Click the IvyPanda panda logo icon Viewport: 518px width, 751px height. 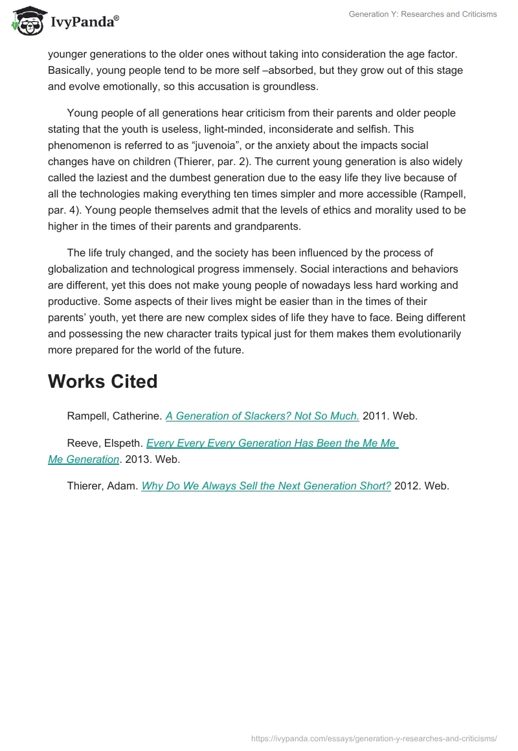[25, 20]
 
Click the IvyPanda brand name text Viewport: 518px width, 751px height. [84, 22]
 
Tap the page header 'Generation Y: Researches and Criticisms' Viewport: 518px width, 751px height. [423, 14]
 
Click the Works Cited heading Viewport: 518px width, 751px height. [102, 381]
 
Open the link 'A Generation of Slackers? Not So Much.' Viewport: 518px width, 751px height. [262, 416]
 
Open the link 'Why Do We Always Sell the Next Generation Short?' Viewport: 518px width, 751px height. [266, 486]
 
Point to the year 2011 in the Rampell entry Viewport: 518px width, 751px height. [375, 416]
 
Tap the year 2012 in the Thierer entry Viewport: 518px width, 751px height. [407, 486]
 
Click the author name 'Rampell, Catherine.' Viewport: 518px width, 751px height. [115, 416]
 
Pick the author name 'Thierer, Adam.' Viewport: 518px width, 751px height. [102, 486]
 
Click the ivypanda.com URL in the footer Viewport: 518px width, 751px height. [374, 737]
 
